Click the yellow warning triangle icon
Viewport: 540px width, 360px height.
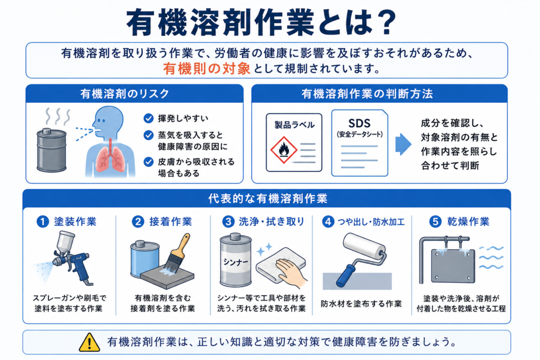pyautogui.click(x=89, y=343)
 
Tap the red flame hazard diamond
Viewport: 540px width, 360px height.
pyautogui.click(x=284, y=150)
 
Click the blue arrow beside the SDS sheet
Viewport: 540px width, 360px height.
pyautogui.click(x=403, y=144)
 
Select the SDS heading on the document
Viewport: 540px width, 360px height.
pyautogui.click(x=359, y=123)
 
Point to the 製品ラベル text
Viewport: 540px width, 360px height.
pyautogui.click(x=294, y=124)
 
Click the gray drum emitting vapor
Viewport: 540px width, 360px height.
pyautogui.click(x=52, y=150)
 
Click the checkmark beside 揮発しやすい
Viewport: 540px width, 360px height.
pyautogui.click(x=148, y=119)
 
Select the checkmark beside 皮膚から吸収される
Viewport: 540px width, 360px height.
pyautogui.click(x=148, y=162)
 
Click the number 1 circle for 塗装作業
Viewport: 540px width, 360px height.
pyautogui.click(x=43, y=222)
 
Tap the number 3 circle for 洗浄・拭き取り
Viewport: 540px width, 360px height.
pyautogui.click(x=228, y=222)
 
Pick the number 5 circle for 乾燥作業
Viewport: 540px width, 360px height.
pyautogui.click(x=435, y=222)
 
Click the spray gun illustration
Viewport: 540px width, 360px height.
pyautogui.click(x=69, y=256)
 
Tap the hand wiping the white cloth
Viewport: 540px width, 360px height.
pyautogui.click(x=292, y=272)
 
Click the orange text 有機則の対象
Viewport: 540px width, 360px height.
pyautogui.click(x=207, y=69)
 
